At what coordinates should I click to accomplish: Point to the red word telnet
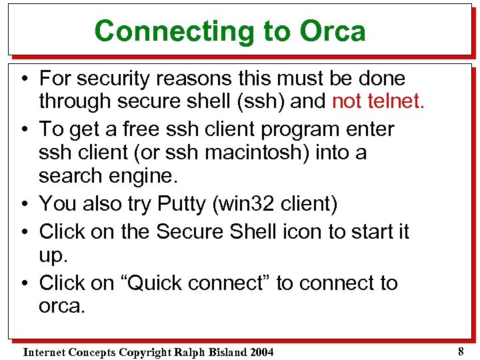coord(394,102)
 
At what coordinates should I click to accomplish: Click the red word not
coord(347,102)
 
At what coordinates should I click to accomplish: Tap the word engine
coord(151,176)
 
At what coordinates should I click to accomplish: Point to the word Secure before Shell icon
coord(190,232)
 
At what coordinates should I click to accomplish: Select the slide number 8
coord(461,349)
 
